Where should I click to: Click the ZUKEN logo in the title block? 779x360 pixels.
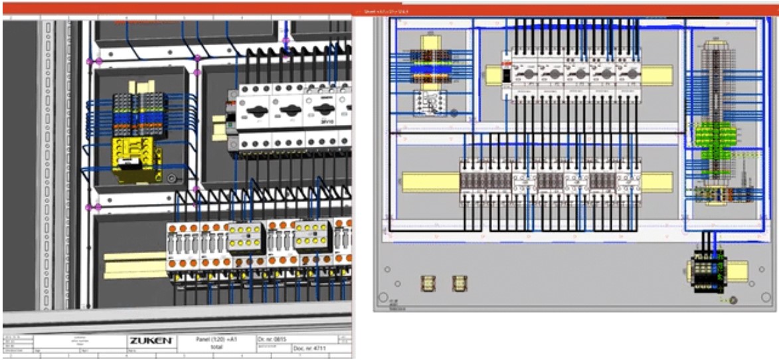coord(152,341)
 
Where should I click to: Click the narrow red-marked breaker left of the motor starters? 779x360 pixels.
coord(505,74)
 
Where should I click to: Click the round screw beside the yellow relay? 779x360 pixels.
coord(171,178)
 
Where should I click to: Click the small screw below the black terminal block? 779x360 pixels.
coord(733,300)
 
